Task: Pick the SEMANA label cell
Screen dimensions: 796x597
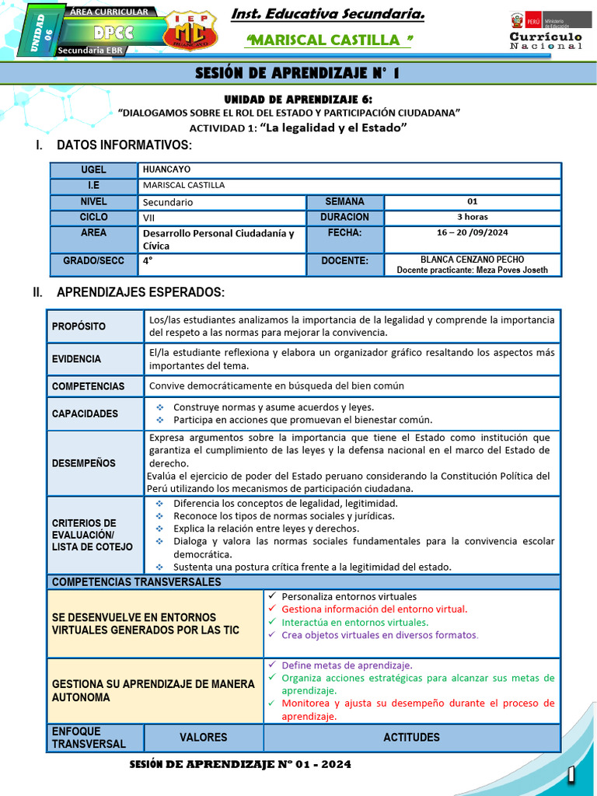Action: [344, 201]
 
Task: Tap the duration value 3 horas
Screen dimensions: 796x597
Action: [473, 217]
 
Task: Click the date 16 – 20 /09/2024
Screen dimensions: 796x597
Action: [473, 232]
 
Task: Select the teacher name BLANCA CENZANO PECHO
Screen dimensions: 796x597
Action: [472, 260]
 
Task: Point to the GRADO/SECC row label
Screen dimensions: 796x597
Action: [93, 261]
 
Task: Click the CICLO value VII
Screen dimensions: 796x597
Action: [149, 218]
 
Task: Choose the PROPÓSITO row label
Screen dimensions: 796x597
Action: [79, 326]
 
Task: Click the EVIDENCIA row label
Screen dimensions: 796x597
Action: [77, 359]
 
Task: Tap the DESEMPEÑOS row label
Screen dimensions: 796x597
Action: [84, 463]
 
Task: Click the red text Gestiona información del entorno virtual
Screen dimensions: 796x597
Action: [374, 609]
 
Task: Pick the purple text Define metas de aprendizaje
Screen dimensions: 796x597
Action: [347, 665]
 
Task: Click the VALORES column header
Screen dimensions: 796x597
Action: [203, 737]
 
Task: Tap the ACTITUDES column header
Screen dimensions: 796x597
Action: [411, 737]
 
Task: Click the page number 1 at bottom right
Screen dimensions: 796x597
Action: [571, 774]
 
